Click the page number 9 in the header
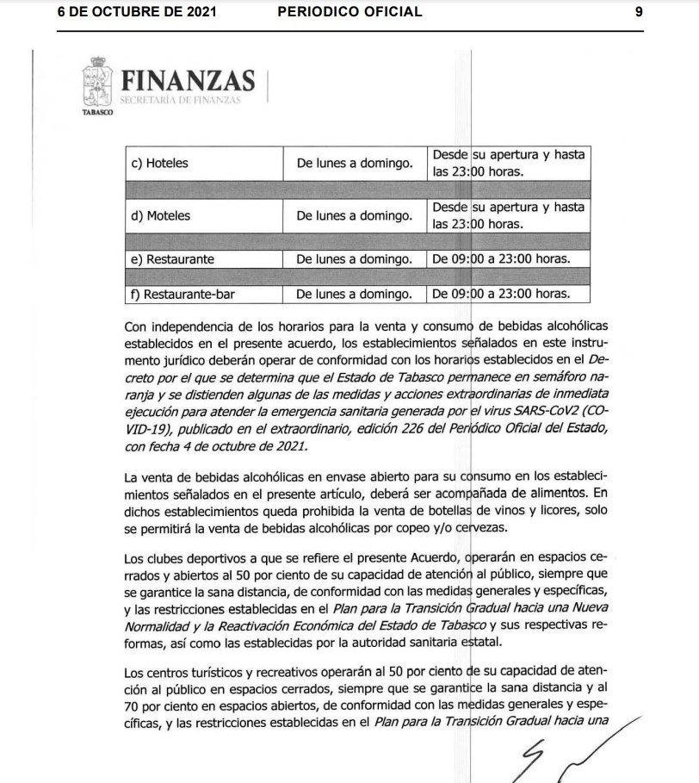tap(639, 11)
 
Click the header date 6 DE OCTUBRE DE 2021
tap(137, 11)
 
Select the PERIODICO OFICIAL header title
tap(350, 11)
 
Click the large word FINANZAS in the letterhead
tap(189, 81)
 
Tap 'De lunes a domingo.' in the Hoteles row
tap(354, 163)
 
